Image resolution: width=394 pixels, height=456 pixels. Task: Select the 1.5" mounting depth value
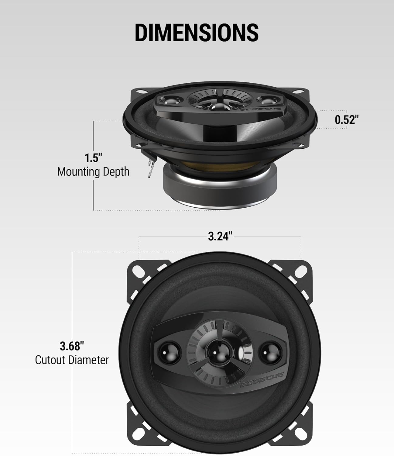pos(93,158)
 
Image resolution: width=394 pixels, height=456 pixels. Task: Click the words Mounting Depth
pos(93,172)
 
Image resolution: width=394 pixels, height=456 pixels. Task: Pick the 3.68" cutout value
pos(72,346)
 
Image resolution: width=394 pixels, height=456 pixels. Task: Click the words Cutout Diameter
pos(72,360)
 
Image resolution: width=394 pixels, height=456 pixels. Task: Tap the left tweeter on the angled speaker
pos(170,99)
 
